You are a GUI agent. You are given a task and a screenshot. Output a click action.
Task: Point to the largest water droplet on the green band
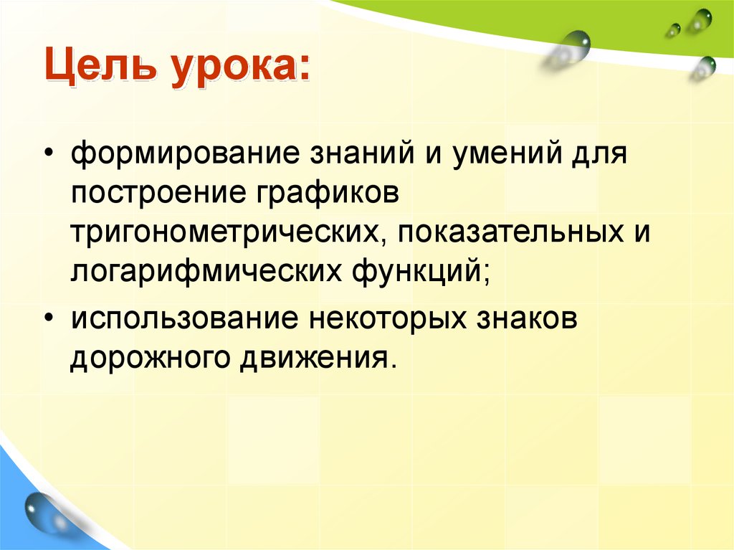576,44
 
